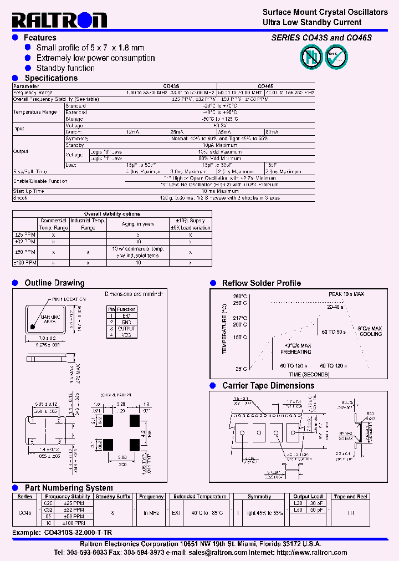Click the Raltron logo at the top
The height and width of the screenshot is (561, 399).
[59, 21]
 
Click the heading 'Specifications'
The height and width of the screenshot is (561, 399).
[51, 78]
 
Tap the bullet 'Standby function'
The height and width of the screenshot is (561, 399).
[65, 68]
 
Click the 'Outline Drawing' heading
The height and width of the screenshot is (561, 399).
[54, 283]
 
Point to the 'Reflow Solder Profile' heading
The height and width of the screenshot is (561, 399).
[261, 283]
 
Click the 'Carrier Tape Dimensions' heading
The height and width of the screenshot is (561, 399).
[268, 386]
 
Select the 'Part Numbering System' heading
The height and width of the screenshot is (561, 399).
[69, 488]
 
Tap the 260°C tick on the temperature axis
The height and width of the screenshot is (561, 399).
[239, 297]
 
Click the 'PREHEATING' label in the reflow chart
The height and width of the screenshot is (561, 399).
[295, 351]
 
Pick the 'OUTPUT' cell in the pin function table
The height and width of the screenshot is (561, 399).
[126, 329]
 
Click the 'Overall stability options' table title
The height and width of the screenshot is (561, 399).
[112, 213]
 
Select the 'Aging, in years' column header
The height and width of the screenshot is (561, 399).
[139, 224]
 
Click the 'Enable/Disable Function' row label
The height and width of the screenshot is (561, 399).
[40, 181]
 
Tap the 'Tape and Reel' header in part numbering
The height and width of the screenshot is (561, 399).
[350, 497]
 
